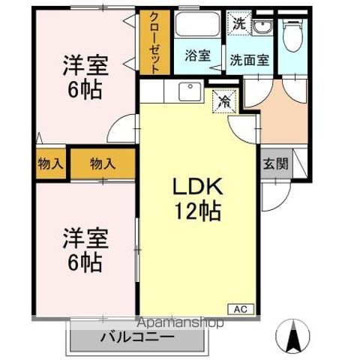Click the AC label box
(241, 309)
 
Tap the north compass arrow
(292, 336)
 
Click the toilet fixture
(293, 34)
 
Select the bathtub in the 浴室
(197, 24)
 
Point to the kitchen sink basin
(190, 91)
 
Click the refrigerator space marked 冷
(224, 101)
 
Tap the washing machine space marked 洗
(238, 23)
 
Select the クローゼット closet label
(154, 43)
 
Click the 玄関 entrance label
(276, 164)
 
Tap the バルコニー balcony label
(137, 337)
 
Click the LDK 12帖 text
(197, 199)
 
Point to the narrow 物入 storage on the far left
(50, 164)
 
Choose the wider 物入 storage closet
(103, 164)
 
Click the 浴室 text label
(198, 55)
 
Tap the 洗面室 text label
(250, 60)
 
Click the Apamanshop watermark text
(181, 322)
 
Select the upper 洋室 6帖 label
(85, 77)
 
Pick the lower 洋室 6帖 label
(85, 250)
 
